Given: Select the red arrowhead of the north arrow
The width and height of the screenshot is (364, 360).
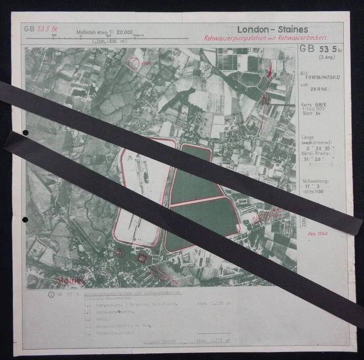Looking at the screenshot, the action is tap(271, 69).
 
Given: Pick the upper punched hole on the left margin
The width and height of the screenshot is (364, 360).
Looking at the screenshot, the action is tap(24, 133).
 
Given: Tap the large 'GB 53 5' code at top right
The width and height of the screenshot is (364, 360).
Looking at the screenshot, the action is tap(318, 50).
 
